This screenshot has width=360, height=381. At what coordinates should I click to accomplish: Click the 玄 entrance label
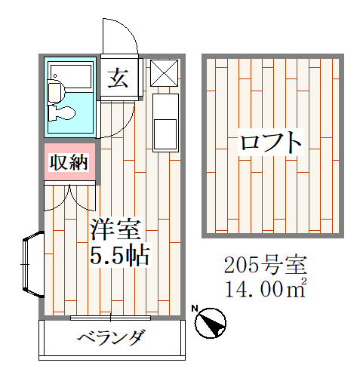point(118,78)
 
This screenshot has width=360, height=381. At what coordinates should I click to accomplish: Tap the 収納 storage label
point(69,162)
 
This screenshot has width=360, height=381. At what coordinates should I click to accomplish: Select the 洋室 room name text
point(116,229)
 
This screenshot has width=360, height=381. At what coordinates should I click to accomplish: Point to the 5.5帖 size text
point(120,255)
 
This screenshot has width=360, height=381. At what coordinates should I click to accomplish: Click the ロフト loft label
point(270,142)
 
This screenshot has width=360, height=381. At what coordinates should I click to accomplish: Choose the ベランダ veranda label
point(111,337)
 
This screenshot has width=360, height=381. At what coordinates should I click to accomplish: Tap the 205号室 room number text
point(266,265)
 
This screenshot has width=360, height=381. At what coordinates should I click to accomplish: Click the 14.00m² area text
point(266,288)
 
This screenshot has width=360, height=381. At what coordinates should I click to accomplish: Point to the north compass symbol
point(211,323)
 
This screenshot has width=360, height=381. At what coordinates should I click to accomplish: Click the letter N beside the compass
point(194,308)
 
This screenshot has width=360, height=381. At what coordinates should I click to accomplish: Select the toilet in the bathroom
point(61,112)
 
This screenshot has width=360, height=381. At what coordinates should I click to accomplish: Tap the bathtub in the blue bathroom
point(71,76)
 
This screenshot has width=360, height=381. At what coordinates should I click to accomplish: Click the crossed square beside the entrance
point(164,73)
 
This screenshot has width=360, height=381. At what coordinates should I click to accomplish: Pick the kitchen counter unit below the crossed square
point(165,123)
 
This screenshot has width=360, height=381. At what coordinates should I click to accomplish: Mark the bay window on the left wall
point(33,264)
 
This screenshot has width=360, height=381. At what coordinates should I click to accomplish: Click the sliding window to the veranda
point(110,318)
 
